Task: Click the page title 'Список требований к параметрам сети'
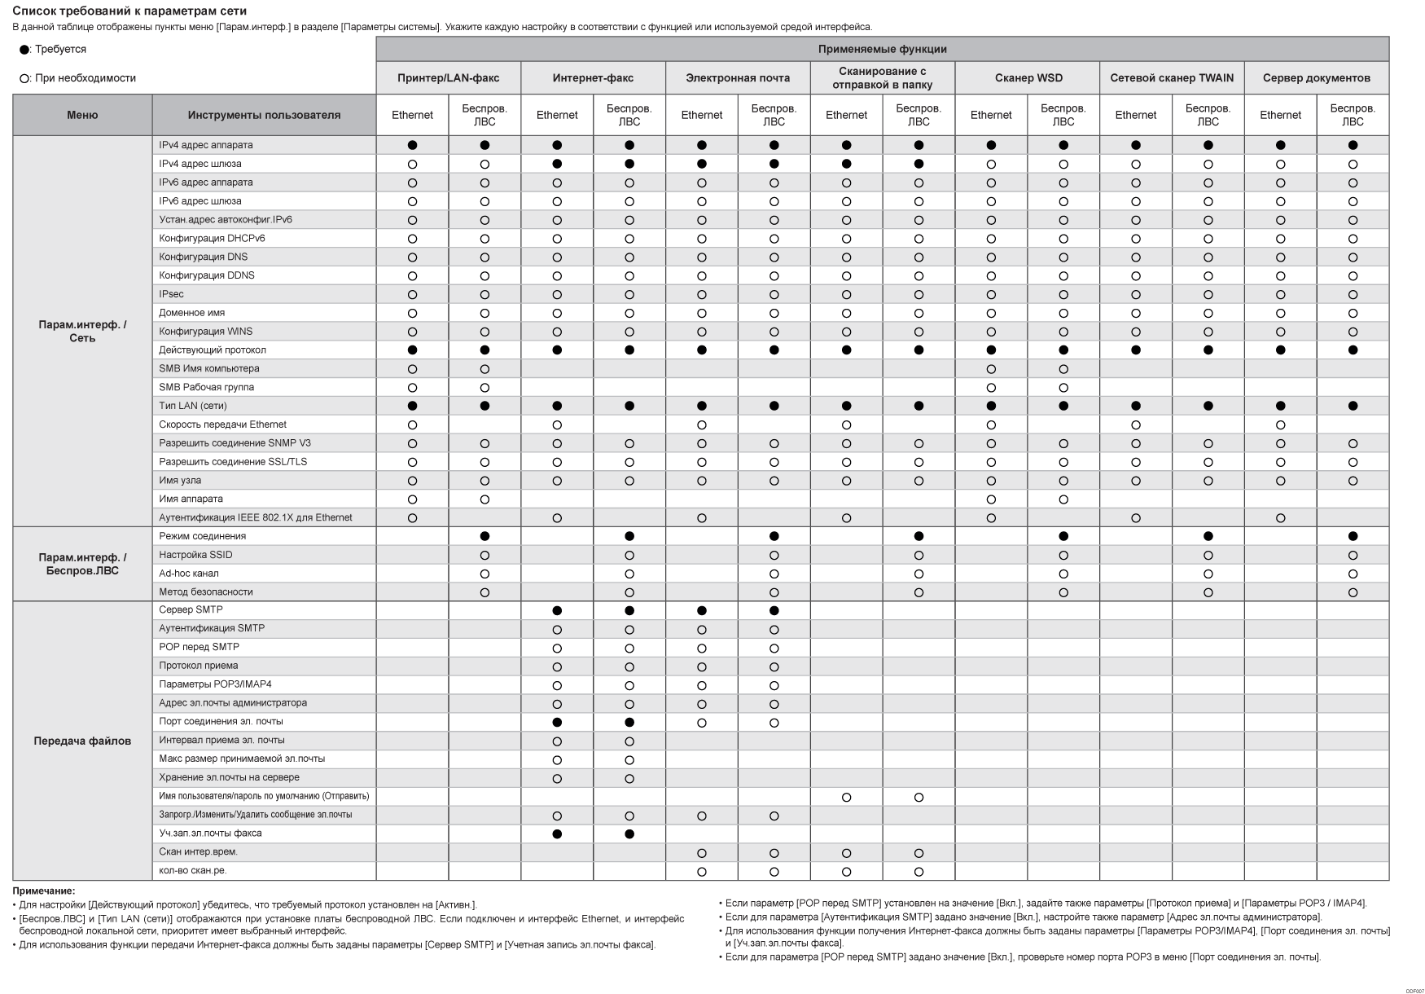pos(129,11)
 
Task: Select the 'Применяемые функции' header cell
pos(882,49)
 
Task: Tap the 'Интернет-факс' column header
pos(593,78)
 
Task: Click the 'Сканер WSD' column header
pos(1028,78)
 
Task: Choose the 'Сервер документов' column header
pos(1316,78)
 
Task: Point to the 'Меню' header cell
pos(82,115)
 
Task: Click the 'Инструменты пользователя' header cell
pos(264,115)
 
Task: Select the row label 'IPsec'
pos(172,294)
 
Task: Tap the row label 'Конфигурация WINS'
pos(206,332)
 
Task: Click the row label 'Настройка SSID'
pos(196,555)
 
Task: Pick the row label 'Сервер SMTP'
pos(191,609)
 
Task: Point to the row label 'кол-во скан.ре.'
pos(193,870)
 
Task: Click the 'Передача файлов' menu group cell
pos(82,741)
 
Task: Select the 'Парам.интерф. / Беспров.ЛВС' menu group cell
pos(82,564)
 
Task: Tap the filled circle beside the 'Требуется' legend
pos(24,50)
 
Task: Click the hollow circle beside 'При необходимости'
pos(24,79)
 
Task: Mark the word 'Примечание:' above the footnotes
pos(44,891)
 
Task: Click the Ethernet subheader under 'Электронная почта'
pos(701,115)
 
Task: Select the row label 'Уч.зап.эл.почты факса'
pos(211,833)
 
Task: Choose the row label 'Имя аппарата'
pos(191,499)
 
